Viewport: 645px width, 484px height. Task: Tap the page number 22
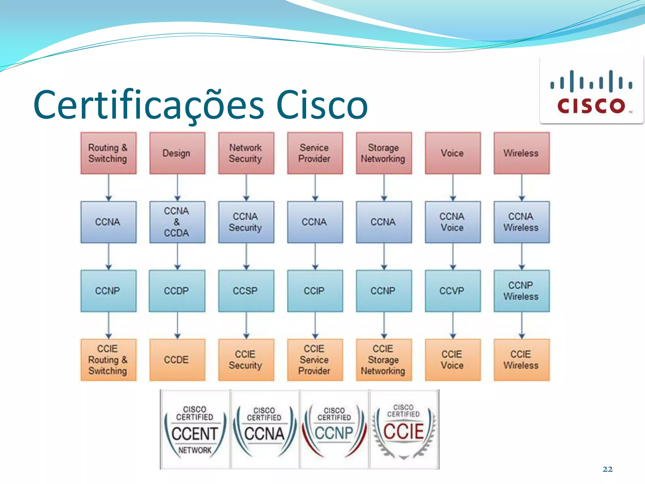608,469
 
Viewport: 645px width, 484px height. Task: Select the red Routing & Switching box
108,153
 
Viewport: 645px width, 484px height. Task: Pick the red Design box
177,153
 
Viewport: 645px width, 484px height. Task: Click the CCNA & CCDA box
177,222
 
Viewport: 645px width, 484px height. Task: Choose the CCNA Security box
246,222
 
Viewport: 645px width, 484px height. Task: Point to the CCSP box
246,291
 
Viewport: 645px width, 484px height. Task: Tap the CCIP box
315,291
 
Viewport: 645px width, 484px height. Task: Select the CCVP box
453,291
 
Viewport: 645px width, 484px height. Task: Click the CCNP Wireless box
522,291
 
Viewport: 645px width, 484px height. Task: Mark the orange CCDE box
177,360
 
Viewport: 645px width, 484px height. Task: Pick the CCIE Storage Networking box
384,360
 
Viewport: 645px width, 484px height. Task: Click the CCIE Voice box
453,360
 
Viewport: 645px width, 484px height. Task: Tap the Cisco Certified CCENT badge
195,429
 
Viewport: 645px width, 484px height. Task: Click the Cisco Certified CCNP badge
334,429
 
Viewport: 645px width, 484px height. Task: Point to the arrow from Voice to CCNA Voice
453,188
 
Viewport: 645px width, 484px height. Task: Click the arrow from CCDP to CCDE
177,326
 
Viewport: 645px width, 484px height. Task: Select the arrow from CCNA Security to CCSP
246,256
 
